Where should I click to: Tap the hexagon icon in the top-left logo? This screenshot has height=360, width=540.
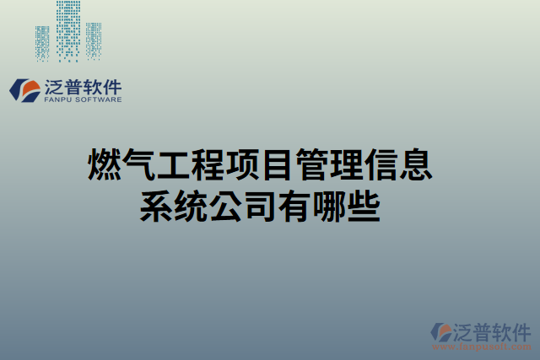click(x=23, y=89)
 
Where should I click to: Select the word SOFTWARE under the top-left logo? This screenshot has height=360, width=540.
click(x=98, y=99)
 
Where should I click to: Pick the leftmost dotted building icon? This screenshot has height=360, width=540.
click(x=42, y=42)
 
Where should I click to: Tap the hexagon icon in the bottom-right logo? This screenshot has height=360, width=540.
click(x=442, y=331)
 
